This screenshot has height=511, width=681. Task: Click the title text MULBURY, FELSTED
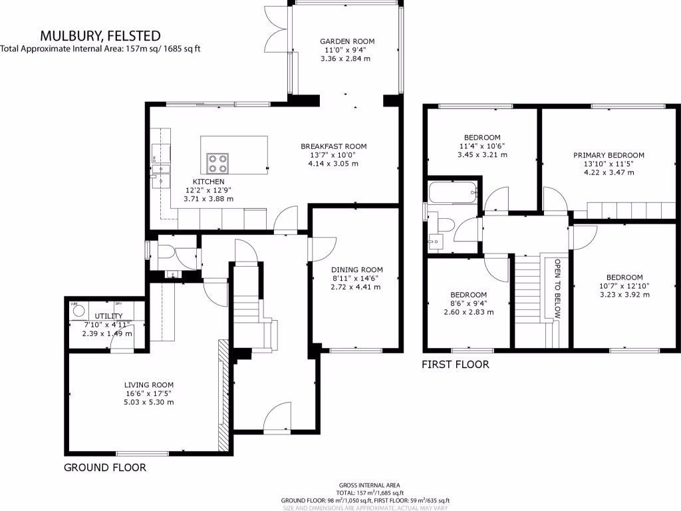[100, 35]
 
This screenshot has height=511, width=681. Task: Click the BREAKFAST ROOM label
[333, 146]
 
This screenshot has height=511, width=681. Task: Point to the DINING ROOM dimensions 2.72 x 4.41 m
[356, 287]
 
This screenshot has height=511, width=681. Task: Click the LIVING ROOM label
[149, 385]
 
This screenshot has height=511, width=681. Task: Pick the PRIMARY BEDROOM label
[609, 155]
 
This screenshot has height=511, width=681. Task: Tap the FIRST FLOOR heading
[456, 365]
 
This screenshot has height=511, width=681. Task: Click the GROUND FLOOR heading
[104, 468]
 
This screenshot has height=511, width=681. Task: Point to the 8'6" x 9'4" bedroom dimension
[468, 303]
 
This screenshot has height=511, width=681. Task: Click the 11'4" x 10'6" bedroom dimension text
[483, 146]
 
